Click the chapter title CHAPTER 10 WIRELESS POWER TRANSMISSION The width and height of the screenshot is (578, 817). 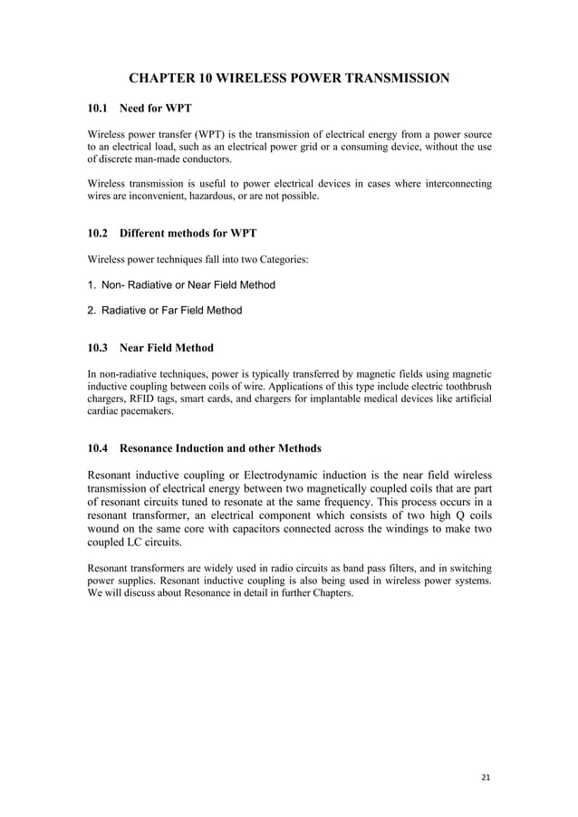289,79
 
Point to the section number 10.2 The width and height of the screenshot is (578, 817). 98,233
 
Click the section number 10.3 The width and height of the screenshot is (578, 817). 98,348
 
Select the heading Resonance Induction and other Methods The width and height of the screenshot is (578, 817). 220,448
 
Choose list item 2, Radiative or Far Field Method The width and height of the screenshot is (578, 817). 165,311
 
